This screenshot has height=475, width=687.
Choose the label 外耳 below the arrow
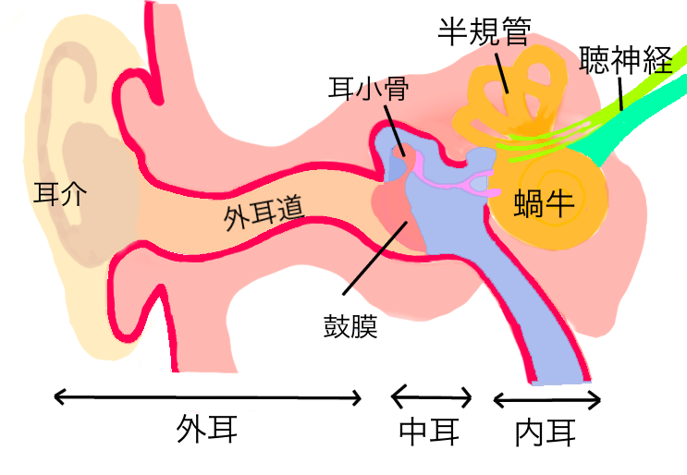pyautogui.click(x=208, y=430)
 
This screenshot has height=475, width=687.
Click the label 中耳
pyautogui.click(x=429, y=431)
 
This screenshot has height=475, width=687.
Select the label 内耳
pyautogui.click(x=547, y=431)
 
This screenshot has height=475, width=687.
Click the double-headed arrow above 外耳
pyautogui.click(x=208, y=397)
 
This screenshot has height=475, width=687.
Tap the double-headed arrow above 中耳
pyautogui.click(x=432, y=398)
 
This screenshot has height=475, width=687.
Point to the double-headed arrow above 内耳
pyautogui.click(x=547, y=400)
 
